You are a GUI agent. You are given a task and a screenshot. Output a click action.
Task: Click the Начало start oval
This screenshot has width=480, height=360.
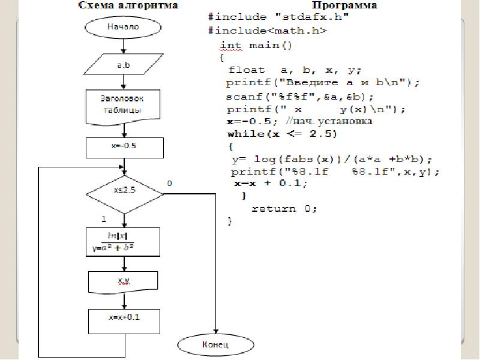click(x=123, y=27)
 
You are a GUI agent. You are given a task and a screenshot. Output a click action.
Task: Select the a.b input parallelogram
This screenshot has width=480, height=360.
click(x=123, y=64)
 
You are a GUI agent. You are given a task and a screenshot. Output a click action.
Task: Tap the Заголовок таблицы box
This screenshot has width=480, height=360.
click(x=123, y=104)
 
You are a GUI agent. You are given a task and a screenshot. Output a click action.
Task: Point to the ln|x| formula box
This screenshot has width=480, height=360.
click(x=123, y=241)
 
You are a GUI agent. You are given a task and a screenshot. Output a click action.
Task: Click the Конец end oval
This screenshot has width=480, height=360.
click(x=214, y=345)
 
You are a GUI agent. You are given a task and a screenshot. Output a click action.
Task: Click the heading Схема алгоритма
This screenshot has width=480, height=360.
click(x=129, y=6)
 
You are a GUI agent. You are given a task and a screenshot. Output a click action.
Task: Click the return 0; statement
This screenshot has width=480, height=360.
click(x=283, y=209)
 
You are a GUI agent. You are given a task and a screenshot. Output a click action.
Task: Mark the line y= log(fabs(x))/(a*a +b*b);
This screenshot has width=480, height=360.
click(x=332, y=160)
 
